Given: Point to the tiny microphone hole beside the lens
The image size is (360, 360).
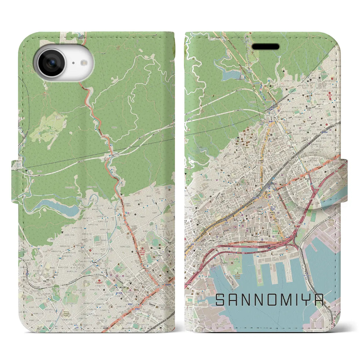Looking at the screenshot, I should (x=73, y=63).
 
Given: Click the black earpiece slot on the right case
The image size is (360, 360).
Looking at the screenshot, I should (x=265, y=46).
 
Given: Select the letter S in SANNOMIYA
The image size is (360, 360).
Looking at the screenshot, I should (x=221, y=300).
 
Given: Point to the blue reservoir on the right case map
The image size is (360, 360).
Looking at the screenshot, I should (x=231, y=74).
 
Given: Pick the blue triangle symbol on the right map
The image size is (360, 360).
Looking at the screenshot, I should (x=269, y=81).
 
